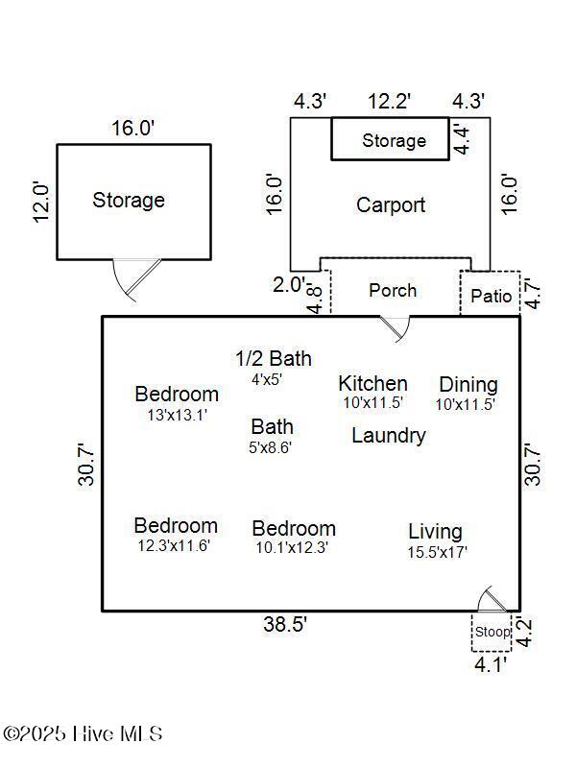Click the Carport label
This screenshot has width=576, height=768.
coord(391,205)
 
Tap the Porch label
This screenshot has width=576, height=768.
coord(393,291)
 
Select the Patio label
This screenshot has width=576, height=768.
coord(491,296)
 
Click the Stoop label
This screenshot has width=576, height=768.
coord(492,632)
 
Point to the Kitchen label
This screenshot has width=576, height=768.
coord(372,383)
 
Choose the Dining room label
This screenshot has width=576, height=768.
coord(468,385)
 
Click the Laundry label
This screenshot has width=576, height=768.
coord(389,436)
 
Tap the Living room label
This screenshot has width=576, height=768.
coord(436,532)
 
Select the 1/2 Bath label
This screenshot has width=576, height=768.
coord(274,358)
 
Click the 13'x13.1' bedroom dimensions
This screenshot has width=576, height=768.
coord(178,415)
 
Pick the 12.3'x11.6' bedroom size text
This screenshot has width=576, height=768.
coord(174,545)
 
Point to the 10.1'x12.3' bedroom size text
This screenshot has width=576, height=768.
coord(292,547)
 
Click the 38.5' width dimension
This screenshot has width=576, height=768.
coord(285,624)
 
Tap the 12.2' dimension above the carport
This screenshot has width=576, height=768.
coord(389,102)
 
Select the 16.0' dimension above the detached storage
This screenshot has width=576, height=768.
coord(132,129)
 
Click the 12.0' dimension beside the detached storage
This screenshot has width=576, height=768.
coord(41,203)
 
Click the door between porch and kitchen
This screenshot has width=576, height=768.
coord(396,328)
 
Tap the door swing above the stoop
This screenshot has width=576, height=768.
coord(492,598)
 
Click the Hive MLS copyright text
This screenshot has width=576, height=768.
coord(83,733)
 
